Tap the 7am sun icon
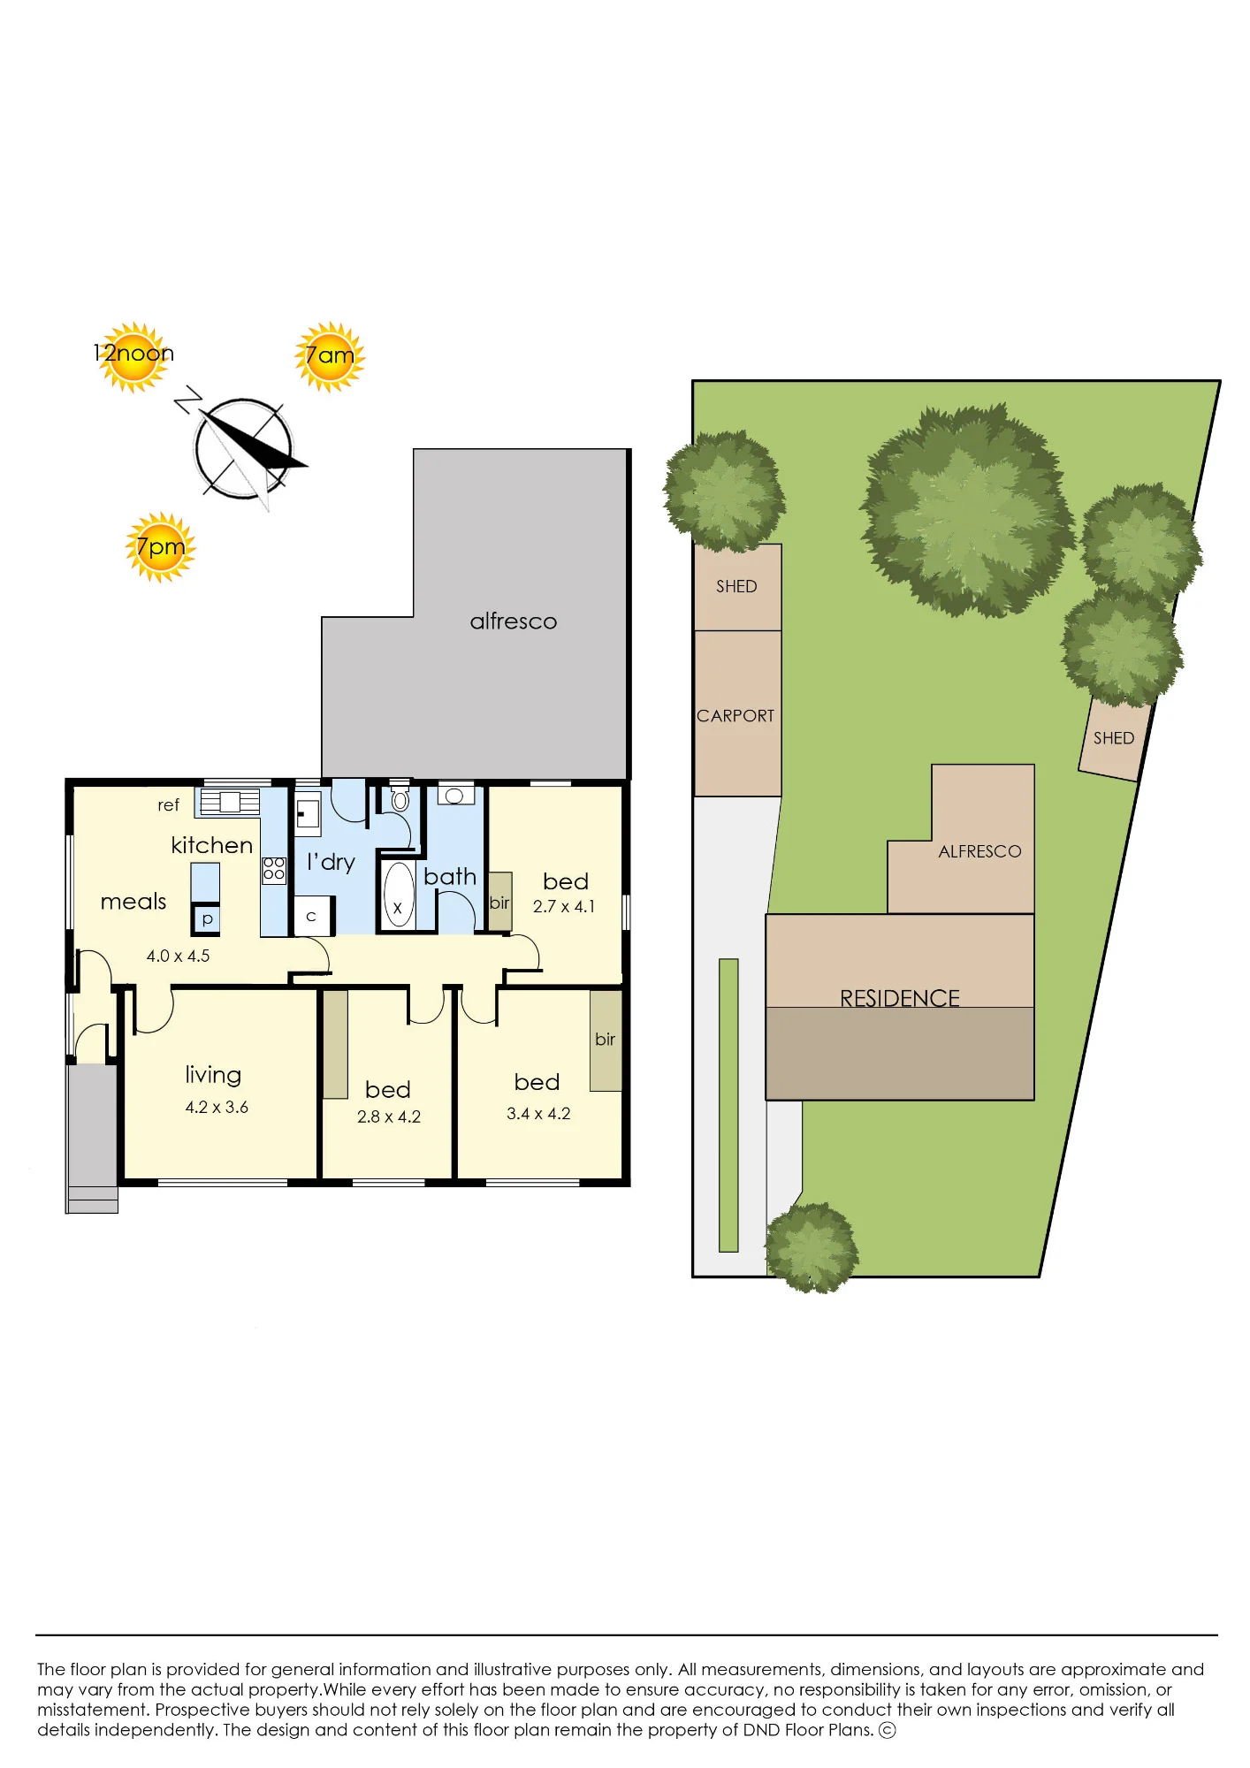tap(330, 356)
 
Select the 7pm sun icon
tap(160, 547)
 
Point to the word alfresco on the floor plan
tap(514, 621)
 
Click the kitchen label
tap(212, 845)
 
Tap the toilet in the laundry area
tap(400, 798)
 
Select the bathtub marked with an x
tap(399, 895)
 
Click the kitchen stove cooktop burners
tap(274, 869)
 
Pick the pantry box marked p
tap(207, 919)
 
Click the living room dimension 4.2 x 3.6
tap(217, 1107)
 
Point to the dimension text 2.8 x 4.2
tap(389, 1116)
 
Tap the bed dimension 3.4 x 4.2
tap(538, 1114)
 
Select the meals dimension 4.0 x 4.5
tap(178, 956)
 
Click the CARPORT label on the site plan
tap(736, 716)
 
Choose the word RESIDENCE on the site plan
tap(900, 998)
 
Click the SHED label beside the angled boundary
tap(1114, 738)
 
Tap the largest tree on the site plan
tap(967, 510)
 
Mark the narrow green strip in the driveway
tap(728, 1105)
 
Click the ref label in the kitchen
tap(168, 804)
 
